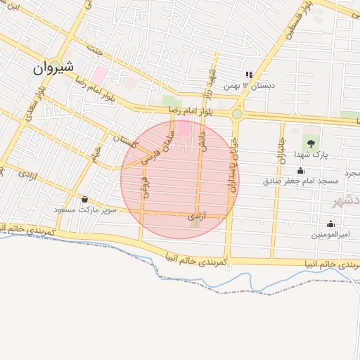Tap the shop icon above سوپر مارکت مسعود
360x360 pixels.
85,199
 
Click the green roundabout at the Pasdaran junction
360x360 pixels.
237,113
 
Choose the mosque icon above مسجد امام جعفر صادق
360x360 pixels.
301,170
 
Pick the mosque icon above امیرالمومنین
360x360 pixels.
330,224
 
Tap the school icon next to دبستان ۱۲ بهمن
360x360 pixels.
248,75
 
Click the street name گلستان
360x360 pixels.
124,141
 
